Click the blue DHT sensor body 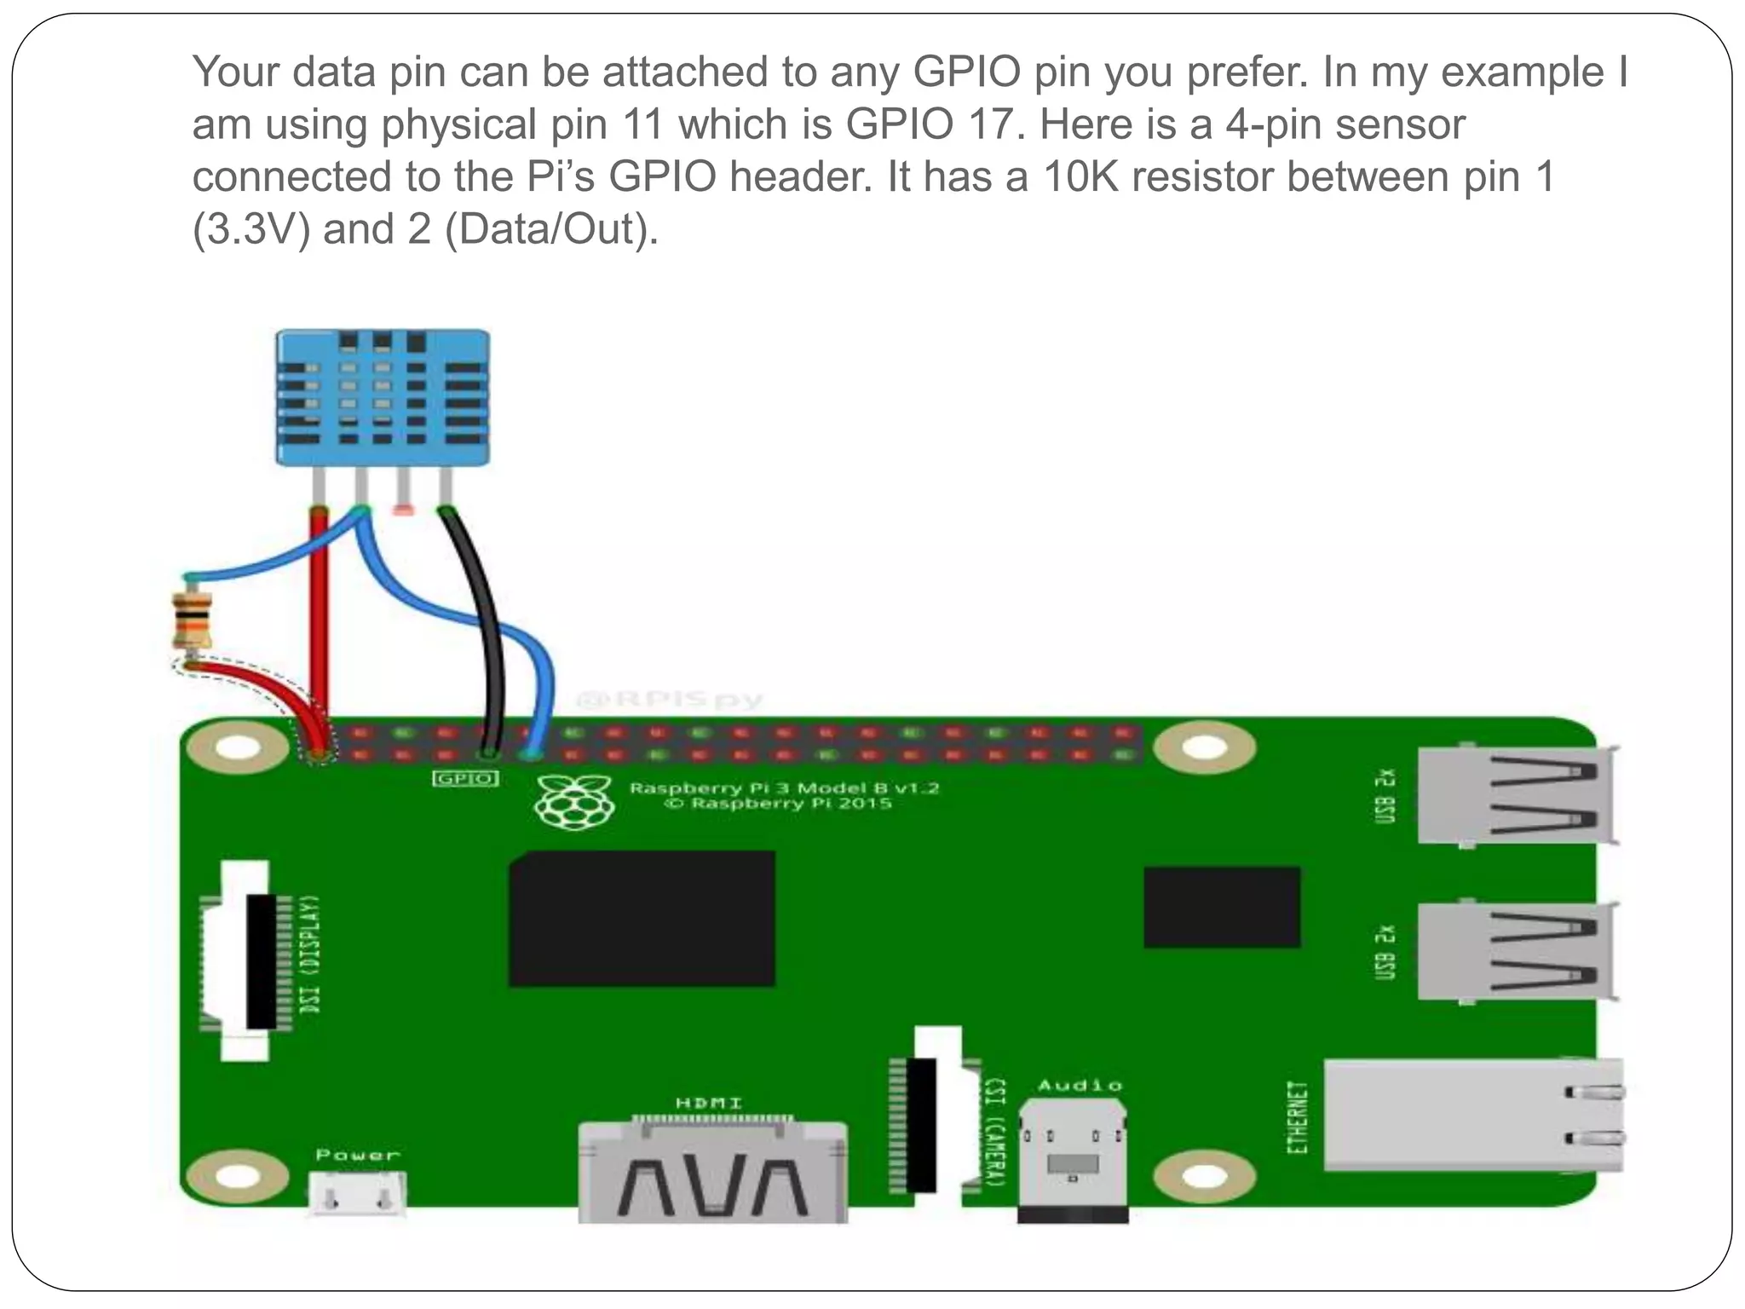[383, 397]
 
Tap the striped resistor [192, 620]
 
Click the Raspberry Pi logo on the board [574, 801]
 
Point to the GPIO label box [465, 778]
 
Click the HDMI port [712, 1173]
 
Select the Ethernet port [1472, 1115]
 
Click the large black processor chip [642, 919]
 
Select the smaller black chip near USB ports [1221, 907]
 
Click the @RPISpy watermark [670, 701]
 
